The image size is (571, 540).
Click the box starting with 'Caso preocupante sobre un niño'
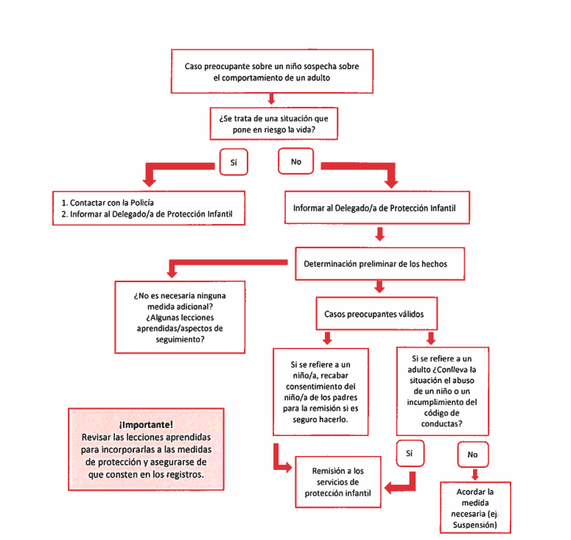click(272, 71)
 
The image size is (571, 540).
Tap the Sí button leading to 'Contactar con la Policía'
click(233, 161)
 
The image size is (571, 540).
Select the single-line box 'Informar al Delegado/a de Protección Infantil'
click(374, 208)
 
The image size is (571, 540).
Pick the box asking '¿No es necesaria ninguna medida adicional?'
click(180, 317)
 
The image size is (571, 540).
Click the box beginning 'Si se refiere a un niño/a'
click(320, 391)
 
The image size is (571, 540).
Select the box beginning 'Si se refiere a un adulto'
click(441, 391)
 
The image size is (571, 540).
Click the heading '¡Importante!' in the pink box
click(146, 424)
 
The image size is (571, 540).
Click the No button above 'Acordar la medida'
click(472, 455)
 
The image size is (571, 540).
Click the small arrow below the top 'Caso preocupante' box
click(272, 99)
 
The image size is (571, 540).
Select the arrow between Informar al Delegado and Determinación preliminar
click(380, 234)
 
